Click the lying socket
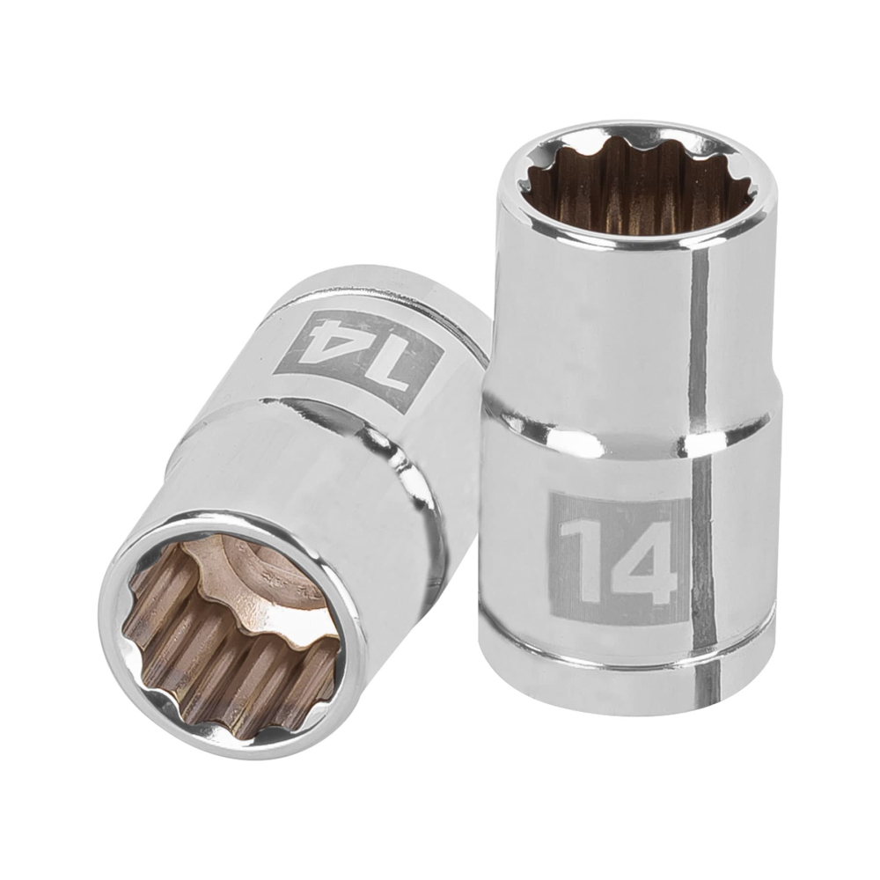(290, 493)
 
